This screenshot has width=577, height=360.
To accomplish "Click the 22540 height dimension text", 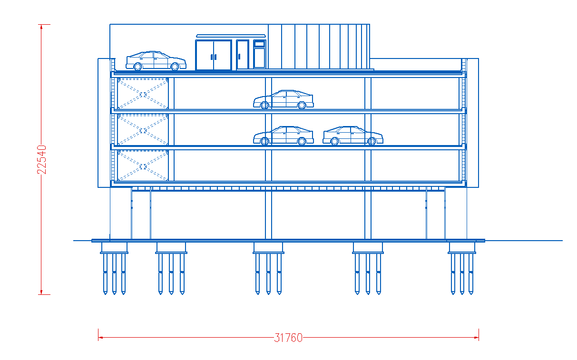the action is click(x=41, y=160).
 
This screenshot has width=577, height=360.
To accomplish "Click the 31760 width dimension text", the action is click(x=288, y=338).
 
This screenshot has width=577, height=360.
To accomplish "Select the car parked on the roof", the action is click(x=156, y=60).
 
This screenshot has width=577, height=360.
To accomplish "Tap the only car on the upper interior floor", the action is click(x=284, y=99).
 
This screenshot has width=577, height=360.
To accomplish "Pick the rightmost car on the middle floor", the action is click(x=353, y=136).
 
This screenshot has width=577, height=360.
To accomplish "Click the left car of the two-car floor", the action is click(x=284, y=136).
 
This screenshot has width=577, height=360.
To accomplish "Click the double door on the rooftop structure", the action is click(x=214, y=55).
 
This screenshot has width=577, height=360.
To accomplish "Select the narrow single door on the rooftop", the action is click(x=243, y=55).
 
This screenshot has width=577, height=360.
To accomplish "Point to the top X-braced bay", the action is click(x=143, y=94).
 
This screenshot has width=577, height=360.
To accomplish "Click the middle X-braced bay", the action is click(x=143, y=129).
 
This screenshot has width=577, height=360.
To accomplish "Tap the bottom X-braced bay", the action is click(x=143, y=165).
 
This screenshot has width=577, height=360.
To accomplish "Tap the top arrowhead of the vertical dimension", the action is click(x=41, y=27).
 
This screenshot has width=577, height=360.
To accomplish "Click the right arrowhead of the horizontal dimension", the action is click(x=476, y=337).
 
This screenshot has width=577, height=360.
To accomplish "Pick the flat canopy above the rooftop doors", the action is click(x=231, y=36).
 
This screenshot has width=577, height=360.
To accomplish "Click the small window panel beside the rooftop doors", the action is click(x=259, y=54).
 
